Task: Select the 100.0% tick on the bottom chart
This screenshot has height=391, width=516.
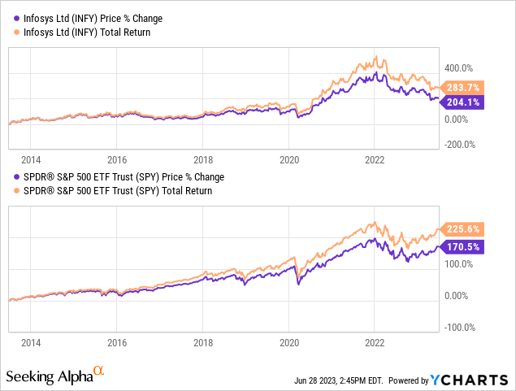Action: tap(457, 264)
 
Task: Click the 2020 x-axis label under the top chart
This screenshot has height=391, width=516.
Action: tap(289, 160)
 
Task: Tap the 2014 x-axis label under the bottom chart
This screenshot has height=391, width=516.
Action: tap(31, 343)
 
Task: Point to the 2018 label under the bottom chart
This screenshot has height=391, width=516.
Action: tap(203, 343)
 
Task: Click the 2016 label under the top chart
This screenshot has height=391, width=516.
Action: tap(117, 160)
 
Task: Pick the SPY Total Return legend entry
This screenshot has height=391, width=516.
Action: tap(114, 191)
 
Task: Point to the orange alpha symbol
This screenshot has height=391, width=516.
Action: tap(99, 371)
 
